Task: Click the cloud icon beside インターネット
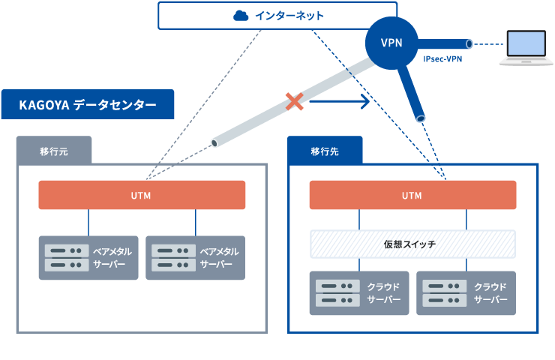[241, 15]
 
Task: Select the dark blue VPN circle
[391, 43]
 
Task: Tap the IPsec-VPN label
[442, 58]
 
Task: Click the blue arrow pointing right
[340, 100]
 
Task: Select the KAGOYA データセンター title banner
[87, 105]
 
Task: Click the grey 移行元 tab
[54, 151]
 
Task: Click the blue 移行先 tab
[325, 151]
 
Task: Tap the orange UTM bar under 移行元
[142, 195]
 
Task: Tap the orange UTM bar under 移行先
[412, 195]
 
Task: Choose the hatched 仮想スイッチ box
[412, 244]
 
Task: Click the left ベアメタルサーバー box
[88, 258]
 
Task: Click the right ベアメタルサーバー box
[196, 258]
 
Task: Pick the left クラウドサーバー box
[359, 293]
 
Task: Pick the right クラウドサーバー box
[466, 293]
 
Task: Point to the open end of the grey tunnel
[216, 142]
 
